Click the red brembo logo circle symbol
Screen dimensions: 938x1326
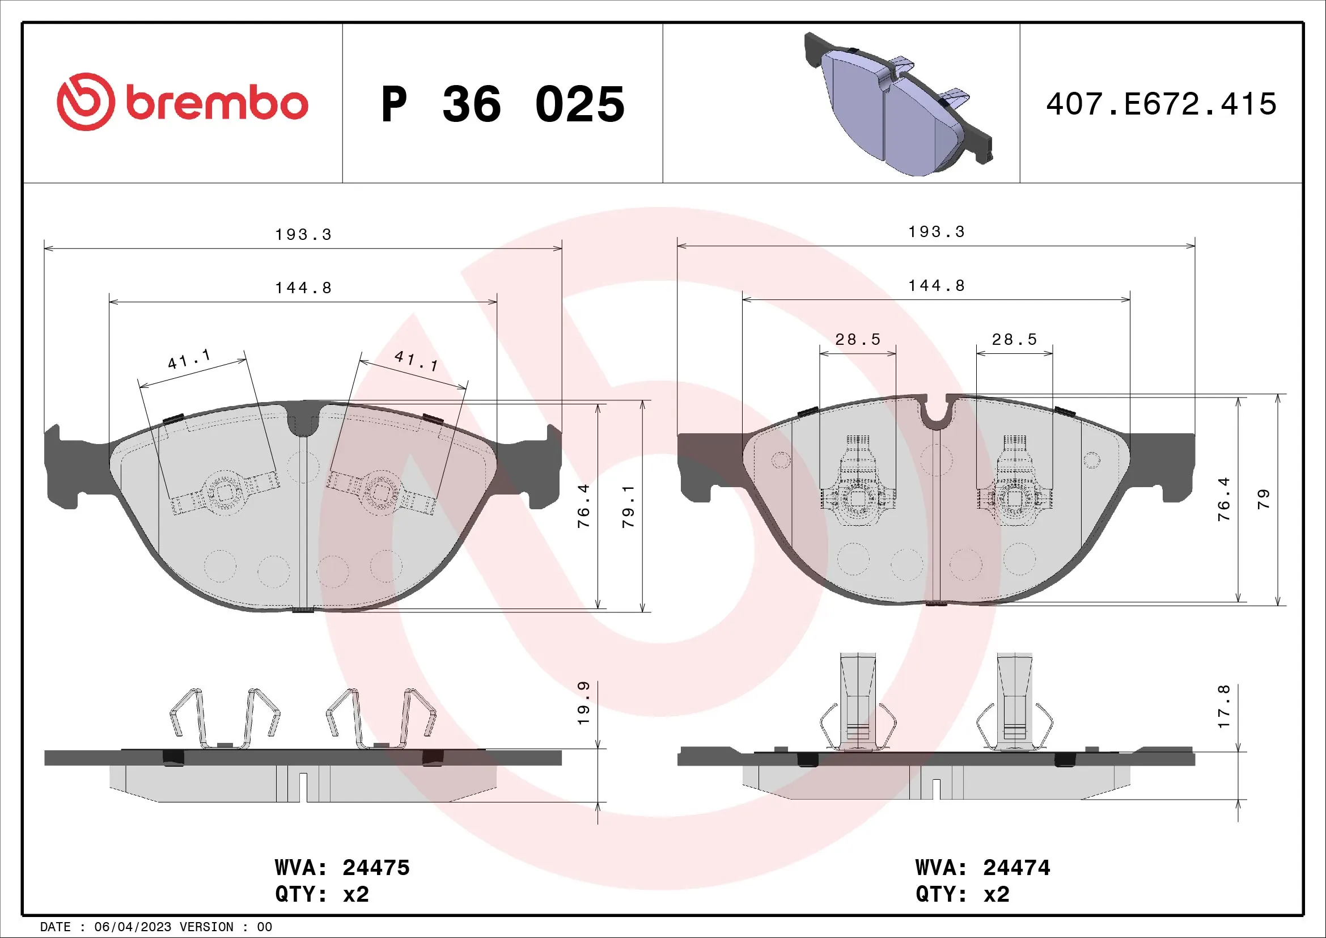coord(86,102)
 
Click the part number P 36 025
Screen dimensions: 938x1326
coord(502,104)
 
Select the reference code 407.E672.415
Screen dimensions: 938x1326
coord(1161,104)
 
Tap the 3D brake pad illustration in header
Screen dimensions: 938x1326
coord(898,104)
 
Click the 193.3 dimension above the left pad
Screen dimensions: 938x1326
coord(303,235)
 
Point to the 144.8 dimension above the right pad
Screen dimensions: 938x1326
coord(936,285)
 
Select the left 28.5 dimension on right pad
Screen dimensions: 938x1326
coord(858,339)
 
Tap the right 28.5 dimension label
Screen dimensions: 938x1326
coord(1014,339)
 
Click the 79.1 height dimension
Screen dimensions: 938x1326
coord(628,506)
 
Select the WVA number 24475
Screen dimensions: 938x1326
coord(376,868)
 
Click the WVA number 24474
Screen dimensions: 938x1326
coord(1016,868)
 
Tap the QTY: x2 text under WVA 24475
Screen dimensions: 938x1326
coord(321,894)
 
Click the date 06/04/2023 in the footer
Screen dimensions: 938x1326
coord(133,927)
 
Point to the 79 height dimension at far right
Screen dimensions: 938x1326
coord(1263,498)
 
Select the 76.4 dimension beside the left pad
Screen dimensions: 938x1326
coord(584,506)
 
